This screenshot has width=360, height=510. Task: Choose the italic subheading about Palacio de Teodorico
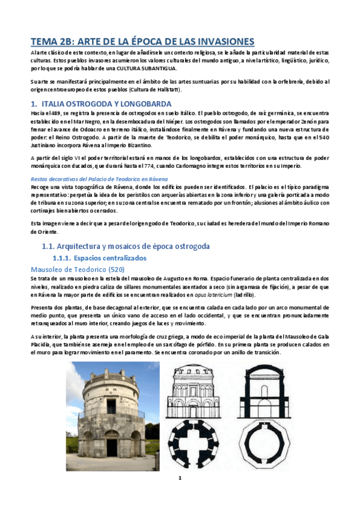[99, 179]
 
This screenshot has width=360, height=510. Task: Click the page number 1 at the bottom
[179, 494]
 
